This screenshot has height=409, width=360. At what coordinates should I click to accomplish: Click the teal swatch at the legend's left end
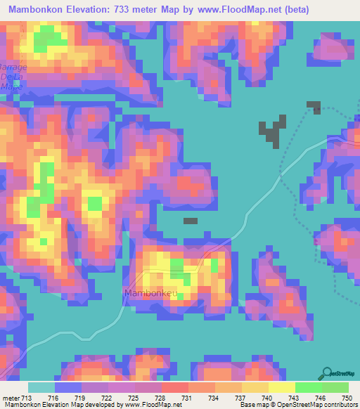coord(41,387)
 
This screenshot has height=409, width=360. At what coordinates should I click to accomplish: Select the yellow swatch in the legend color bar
coord(281,387)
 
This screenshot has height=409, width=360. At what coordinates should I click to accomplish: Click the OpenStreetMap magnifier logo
coord(327,372)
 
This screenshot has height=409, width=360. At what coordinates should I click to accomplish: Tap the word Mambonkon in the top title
coord(32,9)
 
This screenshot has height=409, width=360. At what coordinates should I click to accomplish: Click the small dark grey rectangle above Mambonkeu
coord(191,221)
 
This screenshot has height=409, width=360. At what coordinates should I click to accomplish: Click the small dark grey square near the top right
coord(314,106)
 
